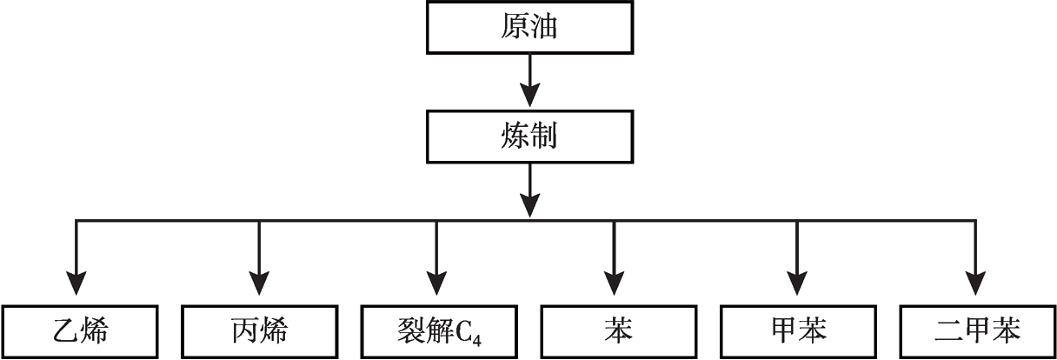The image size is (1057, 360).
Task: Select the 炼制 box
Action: (529, 136)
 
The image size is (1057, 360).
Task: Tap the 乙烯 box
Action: (81, 330)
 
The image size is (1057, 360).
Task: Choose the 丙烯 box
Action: (259, 330)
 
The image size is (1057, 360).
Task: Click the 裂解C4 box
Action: (437, 330)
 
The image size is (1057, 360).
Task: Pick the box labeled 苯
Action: (615, 330)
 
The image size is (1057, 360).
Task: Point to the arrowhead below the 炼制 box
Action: (529, 204)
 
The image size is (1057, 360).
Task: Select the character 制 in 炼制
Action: (542, 137)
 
